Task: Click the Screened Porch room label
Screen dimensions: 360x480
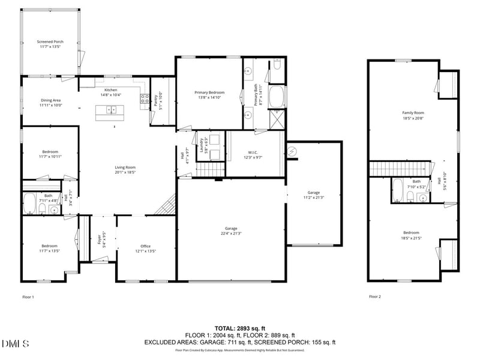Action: pyautogui.click(x=50, y=41)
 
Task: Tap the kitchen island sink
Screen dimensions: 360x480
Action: pyautogui.click(x=111, y=109)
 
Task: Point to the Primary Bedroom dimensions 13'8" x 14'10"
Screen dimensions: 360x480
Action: pyautogui.click(x=209, y=97)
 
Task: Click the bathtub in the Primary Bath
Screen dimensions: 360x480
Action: pyautogui.click(x=277, y=97)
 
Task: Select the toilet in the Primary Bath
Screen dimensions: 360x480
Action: pyautogui.click(x=277, y=66)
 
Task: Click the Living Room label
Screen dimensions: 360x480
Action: pyautogui.click(x=125, y=167)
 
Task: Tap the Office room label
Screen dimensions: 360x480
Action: pyautogui.click(x=145, y=246)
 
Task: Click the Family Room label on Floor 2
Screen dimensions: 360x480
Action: pyautogui.click(x=413, y=113)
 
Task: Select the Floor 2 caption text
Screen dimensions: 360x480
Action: pyautogui.click(x=375, y=296)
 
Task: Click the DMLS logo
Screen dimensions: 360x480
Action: pyautogui.click(x=16, y=343)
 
